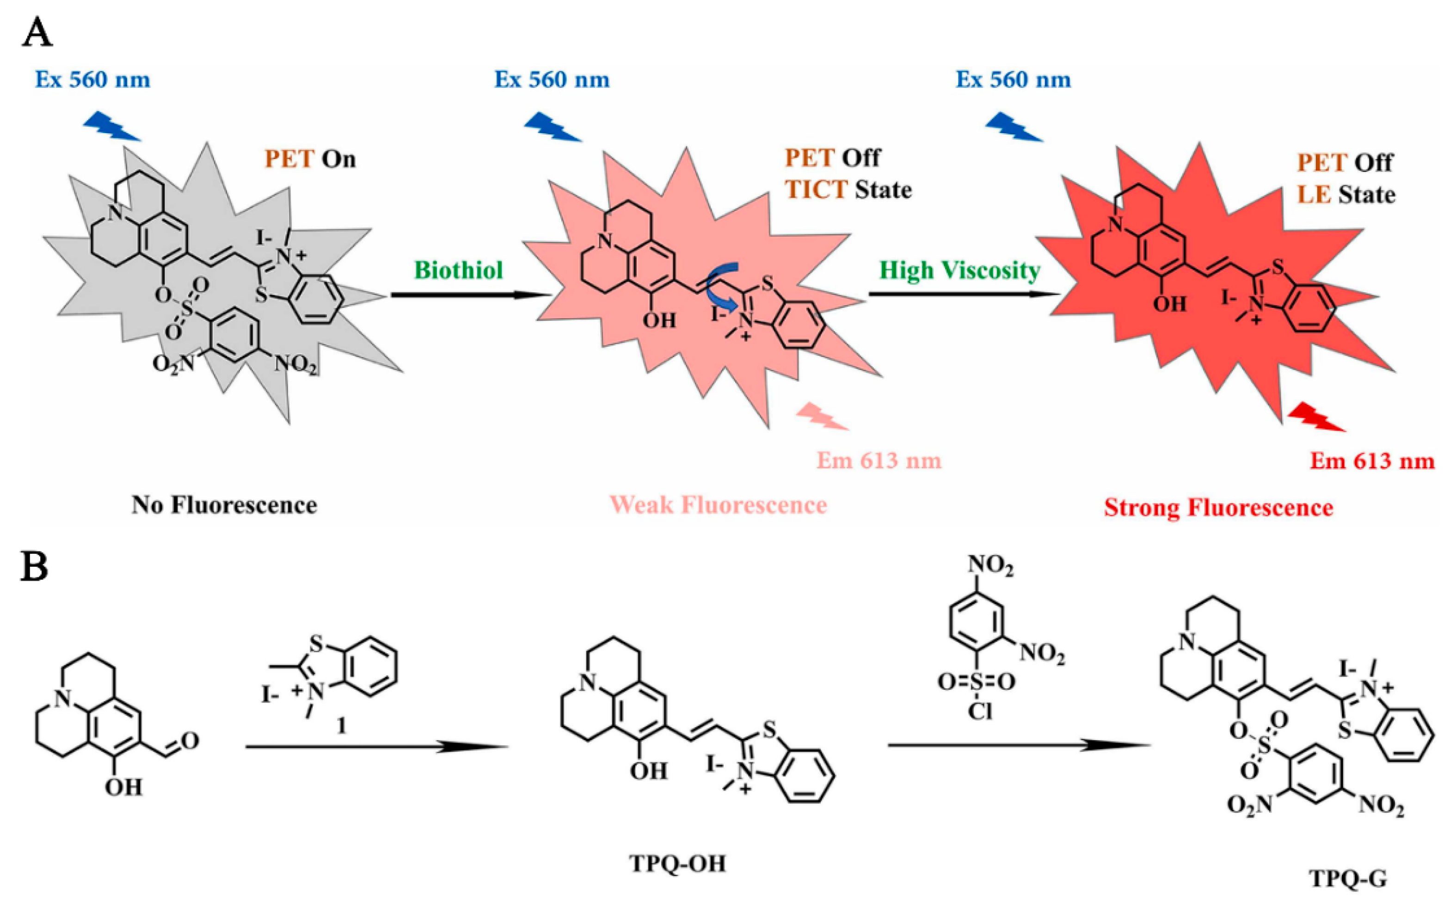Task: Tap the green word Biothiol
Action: (x=459, y=270)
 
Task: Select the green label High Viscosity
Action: (x=959, y=270)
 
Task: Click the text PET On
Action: (x=310, y=159)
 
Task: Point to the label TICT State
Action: (x=848, y=190)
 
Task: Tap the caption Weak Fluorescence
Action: (x=719, y=505)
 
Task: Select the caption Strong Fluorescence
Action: (x=1218, y=507)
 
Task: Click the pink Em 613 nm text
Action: (x=879, y=460)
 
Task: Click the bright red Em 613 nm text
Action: (x=1372, y=460)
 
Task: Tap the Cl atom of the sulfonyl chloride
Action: (x=979, y=712)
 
